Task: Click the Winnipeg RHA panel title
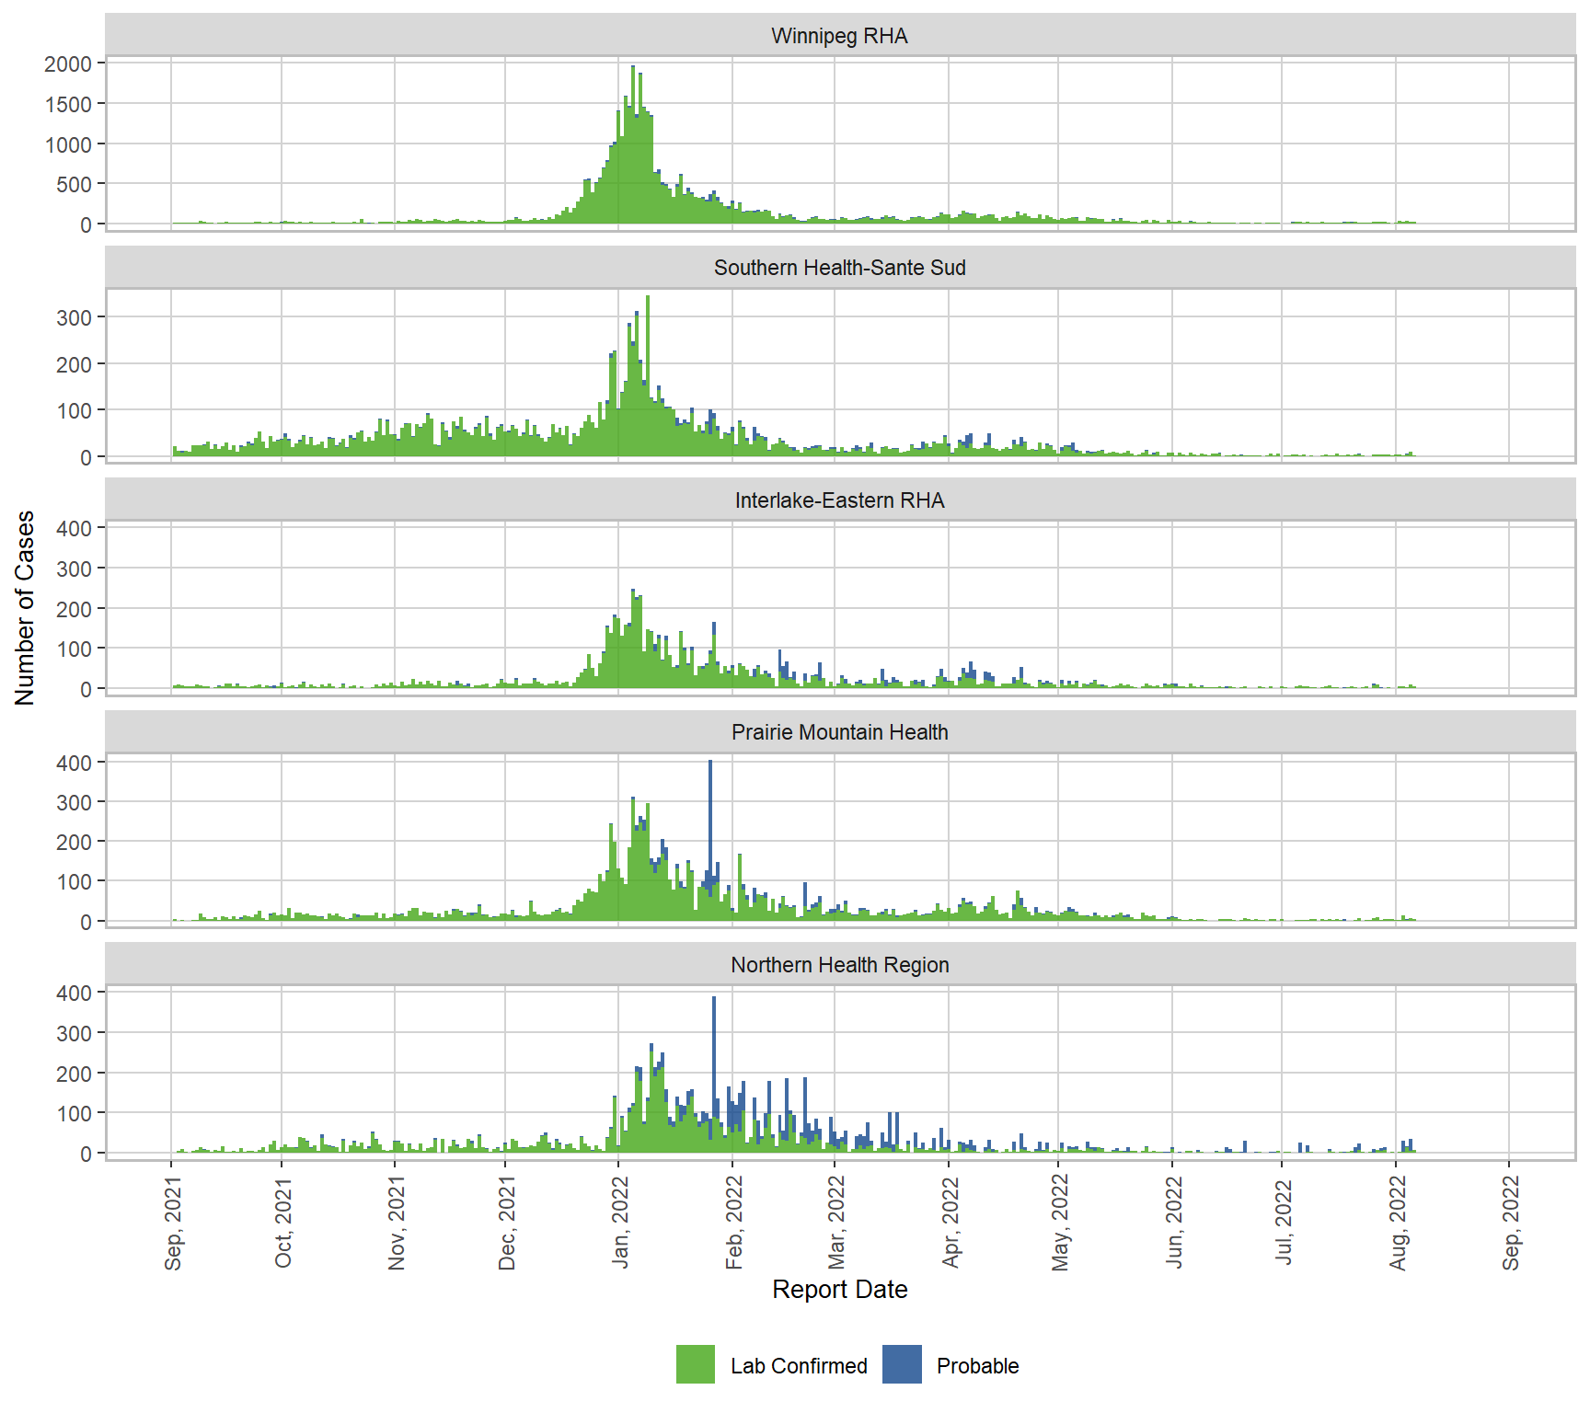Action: [839, 36]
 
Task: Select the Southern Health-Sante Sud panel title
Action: [839, 268]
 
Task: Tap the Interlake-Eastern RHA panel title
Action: [839, 500]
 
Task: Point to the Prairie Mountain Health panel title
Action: [839, 732]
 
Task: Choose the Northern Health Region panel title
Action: [839, 965]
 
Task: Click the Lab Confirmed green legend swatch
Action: [695, 1365]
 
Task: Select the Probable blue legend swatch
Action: [902, 1365]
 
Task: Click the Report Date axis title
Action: [839, 1290]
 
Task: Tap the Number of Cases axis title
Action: [25, 608]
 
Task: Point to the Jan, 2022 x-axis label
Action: [621, 1223]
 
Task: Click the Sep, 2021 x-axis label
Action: [173, 1223]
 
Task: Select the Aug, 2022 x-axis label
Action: [1399, 1223]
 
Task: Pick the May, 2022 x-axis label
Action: [1061, 1223]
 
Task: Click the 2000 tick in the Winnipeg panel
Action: [69, 64]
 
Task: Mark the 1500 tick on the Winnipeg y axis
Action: [69, 104]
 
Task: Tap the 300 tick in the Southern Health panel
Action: [75, 317]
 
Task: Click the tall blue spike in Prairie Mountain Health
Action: [709, 819]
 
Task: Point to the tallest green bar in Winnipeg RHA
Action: [632, 138]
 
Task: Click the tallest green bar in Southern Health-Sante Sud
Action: [648, 368]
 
